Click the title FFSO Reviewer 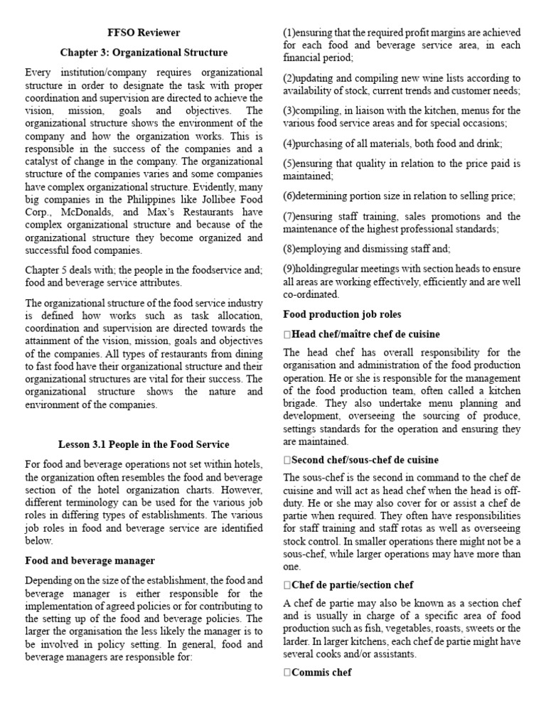[x=144, y=33]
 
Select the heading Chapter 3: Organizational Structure [x=144, y=53]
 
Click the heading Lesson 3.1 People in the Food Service [x=144, y=445]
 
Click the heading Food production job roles [x=342, y=314]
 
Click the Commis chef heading [x=321, y=673]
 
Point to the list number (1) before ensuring [x=289, y=33]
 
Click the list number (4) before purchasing [x=289, y=143]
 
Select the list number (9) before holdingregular [x=289, y=269]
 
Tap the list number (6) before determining [x=289, y=196]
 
